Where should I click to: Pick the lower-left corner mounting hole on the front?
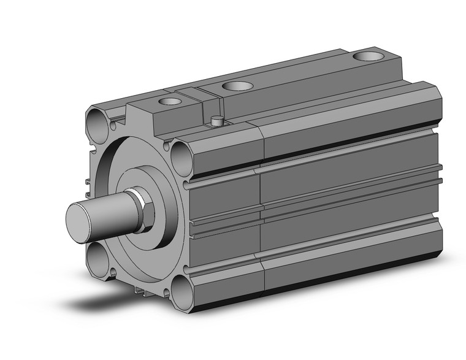point(99,258)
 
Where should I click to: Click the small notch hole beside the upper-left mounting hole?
point(114,127)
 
